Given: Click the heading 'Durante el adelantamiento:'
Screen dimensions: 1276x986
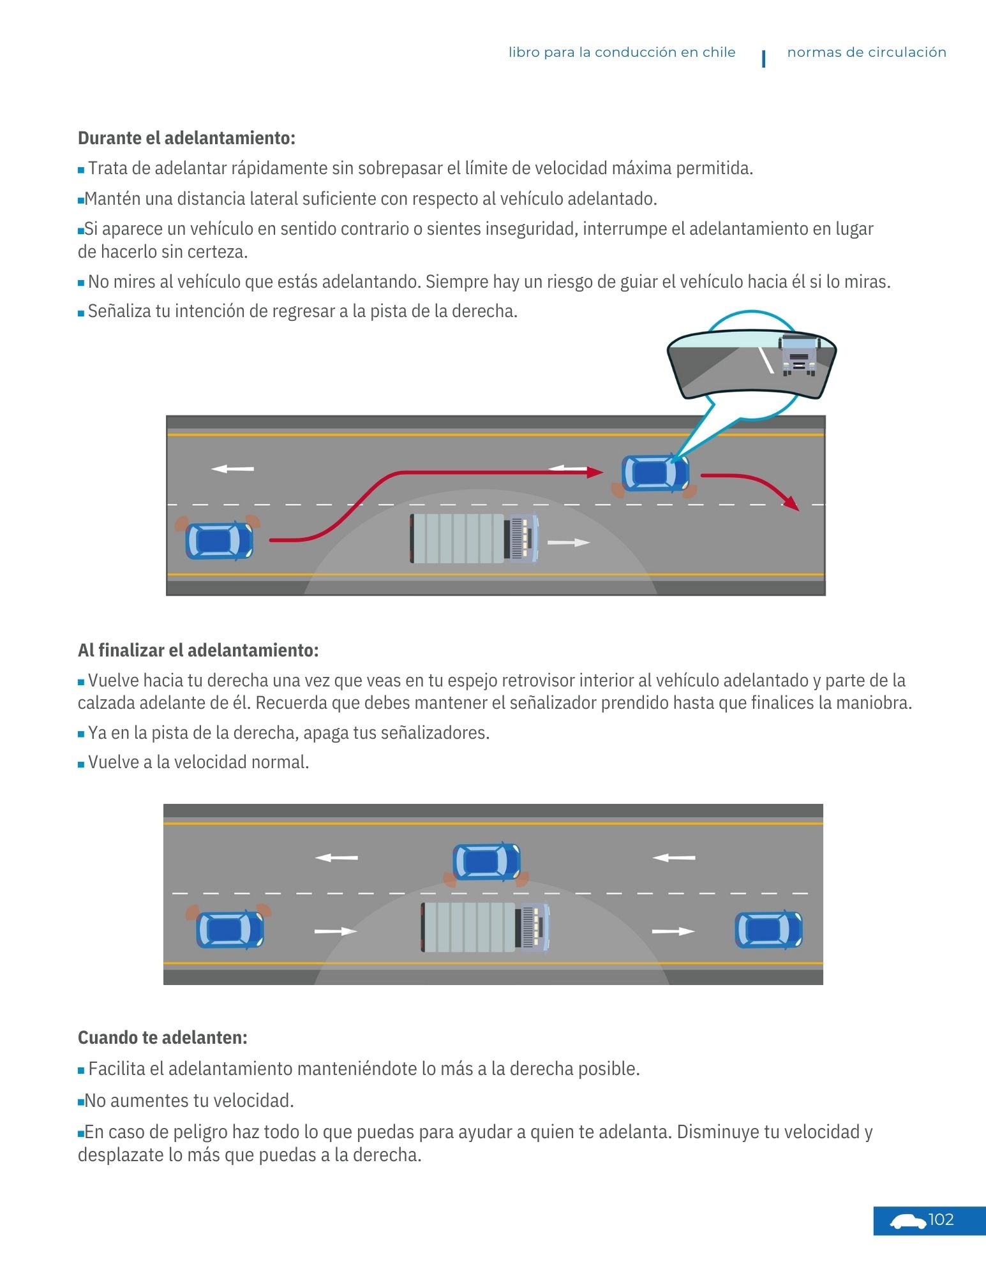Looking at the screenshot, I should pos(186,138).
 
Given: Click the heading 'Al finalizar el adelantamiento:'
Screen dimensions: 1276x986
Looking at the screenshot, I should pos(198,650).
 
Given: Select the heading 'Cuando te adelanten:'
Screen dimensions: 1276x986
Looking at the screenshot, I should pos(162,1037).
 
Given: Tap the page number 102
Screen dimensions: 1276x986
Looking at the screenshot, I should pos(941,1220).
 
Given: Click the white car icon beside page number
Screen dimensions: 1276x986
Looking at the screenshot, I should pos(908,1222).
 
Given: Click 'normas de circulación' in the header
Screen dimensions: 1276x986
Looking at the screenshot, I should pos(866,52).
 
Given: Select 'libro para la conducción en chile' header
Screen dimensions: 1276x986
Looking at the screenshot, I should pos(622,52).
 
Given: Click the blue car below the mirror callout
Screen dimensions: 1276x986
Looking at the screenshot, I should pos(655,473).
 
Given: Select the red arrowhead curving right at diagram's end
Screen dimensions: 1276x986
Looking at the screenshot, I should pos(791,503).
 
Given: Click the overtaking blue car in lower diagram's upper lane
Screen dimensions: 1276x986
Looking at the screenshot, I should pos(486,862).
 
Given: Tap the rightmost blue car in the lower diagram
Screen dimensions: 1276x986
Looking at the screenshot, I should pos(768,930).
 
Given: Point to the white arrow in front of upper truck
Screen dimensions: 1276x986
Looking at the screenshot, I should pos(569,543).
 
